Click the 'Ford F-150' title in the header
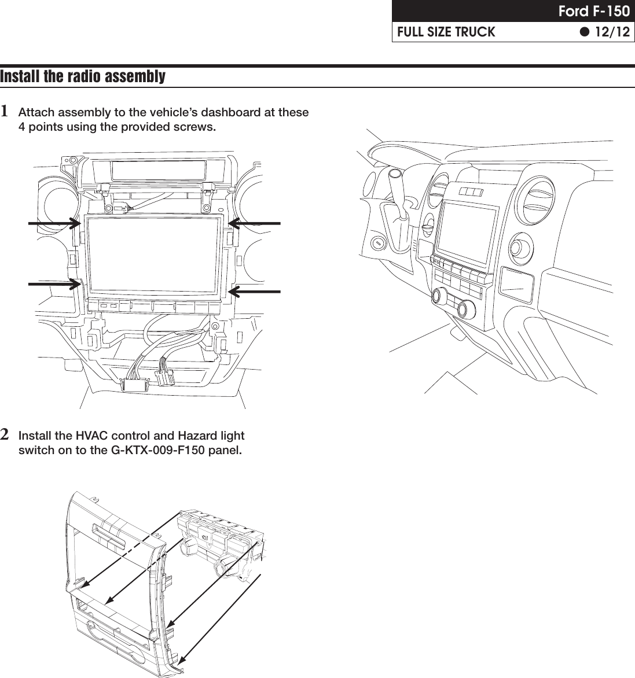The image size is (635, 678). (x=593, y=12)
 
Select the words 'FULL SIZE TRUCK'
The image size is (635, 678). (x=446, y=32)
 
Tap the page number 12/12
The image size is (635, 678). (x=612, y=32)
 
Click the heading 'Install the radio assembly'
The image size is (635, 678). (x=83, y=76)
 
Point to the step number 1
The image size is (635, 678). (x=5, y=110)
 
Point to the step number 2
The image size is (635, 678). (x=5, y=434)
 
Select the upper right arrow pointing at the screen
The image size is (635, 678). (x=254, y=222)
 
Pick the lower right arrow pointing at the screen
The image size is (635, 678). (x=254, y=291)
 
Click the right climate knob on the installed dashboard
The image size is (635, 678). (x=466, y=309)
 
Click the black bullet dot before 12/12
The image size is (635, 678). (x=584, y=32)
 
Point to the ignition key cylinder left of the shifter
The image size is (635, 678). (x=378, y=242)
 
